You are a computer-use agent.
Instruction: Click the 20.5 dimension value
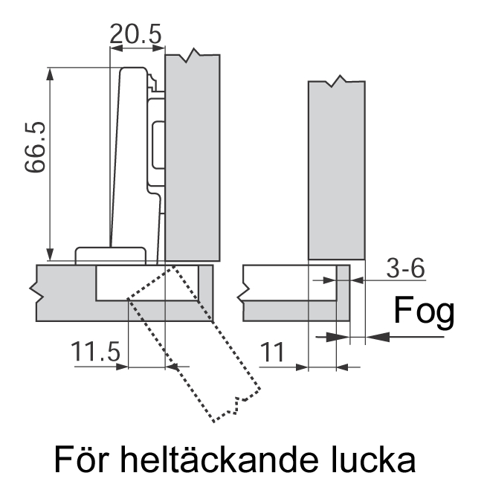(x=135, y=34)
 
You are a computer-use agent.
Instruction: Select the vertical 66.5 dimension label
(x=35, y=146)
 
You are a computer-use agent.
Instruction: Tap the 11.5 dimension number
(x=95, y=351)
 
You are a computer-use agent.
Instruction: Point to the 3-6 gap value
(x=406, y=268)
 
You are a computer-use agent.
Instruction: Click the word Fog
(x=424, y=312)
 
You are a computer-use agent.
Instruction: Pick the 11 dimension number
(x=272, y=352)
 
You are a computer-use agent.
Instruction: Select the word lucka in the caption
(x=373, y=459)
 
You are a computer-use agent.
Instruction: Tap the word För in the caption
(x=82, y=459)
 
